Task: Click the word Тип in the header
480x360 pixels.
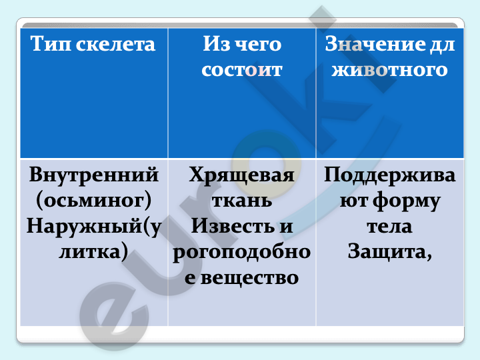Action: tap(51, 44)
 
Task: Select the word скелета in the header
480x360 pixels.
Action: tap(115, 45)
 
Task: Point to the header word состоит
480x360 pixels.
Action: tap(242, 70)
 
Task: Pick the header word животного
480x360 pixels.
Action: tap(390, 70)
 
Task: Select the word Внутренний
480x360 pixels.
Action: tap(94, 175)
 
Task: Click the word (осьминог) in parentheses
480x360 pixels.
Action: tap(94, 201)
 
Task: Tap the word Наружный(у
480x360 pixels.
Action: tap(94, 227)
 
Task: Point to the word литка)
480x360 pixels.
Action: tap(93, 252)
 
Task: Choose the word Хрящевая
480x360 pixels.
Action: tap(241, 175)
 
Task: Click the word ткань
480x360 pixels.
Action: tap(242, 201)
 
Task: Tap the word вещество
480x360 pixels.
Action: tap(249, 278)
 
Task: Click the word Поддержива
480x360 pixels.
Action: tap(390, 175)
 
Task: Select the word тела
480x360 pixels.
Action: tap(389, 227)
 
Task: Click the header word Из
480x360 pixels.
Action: tap(217, 44)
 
